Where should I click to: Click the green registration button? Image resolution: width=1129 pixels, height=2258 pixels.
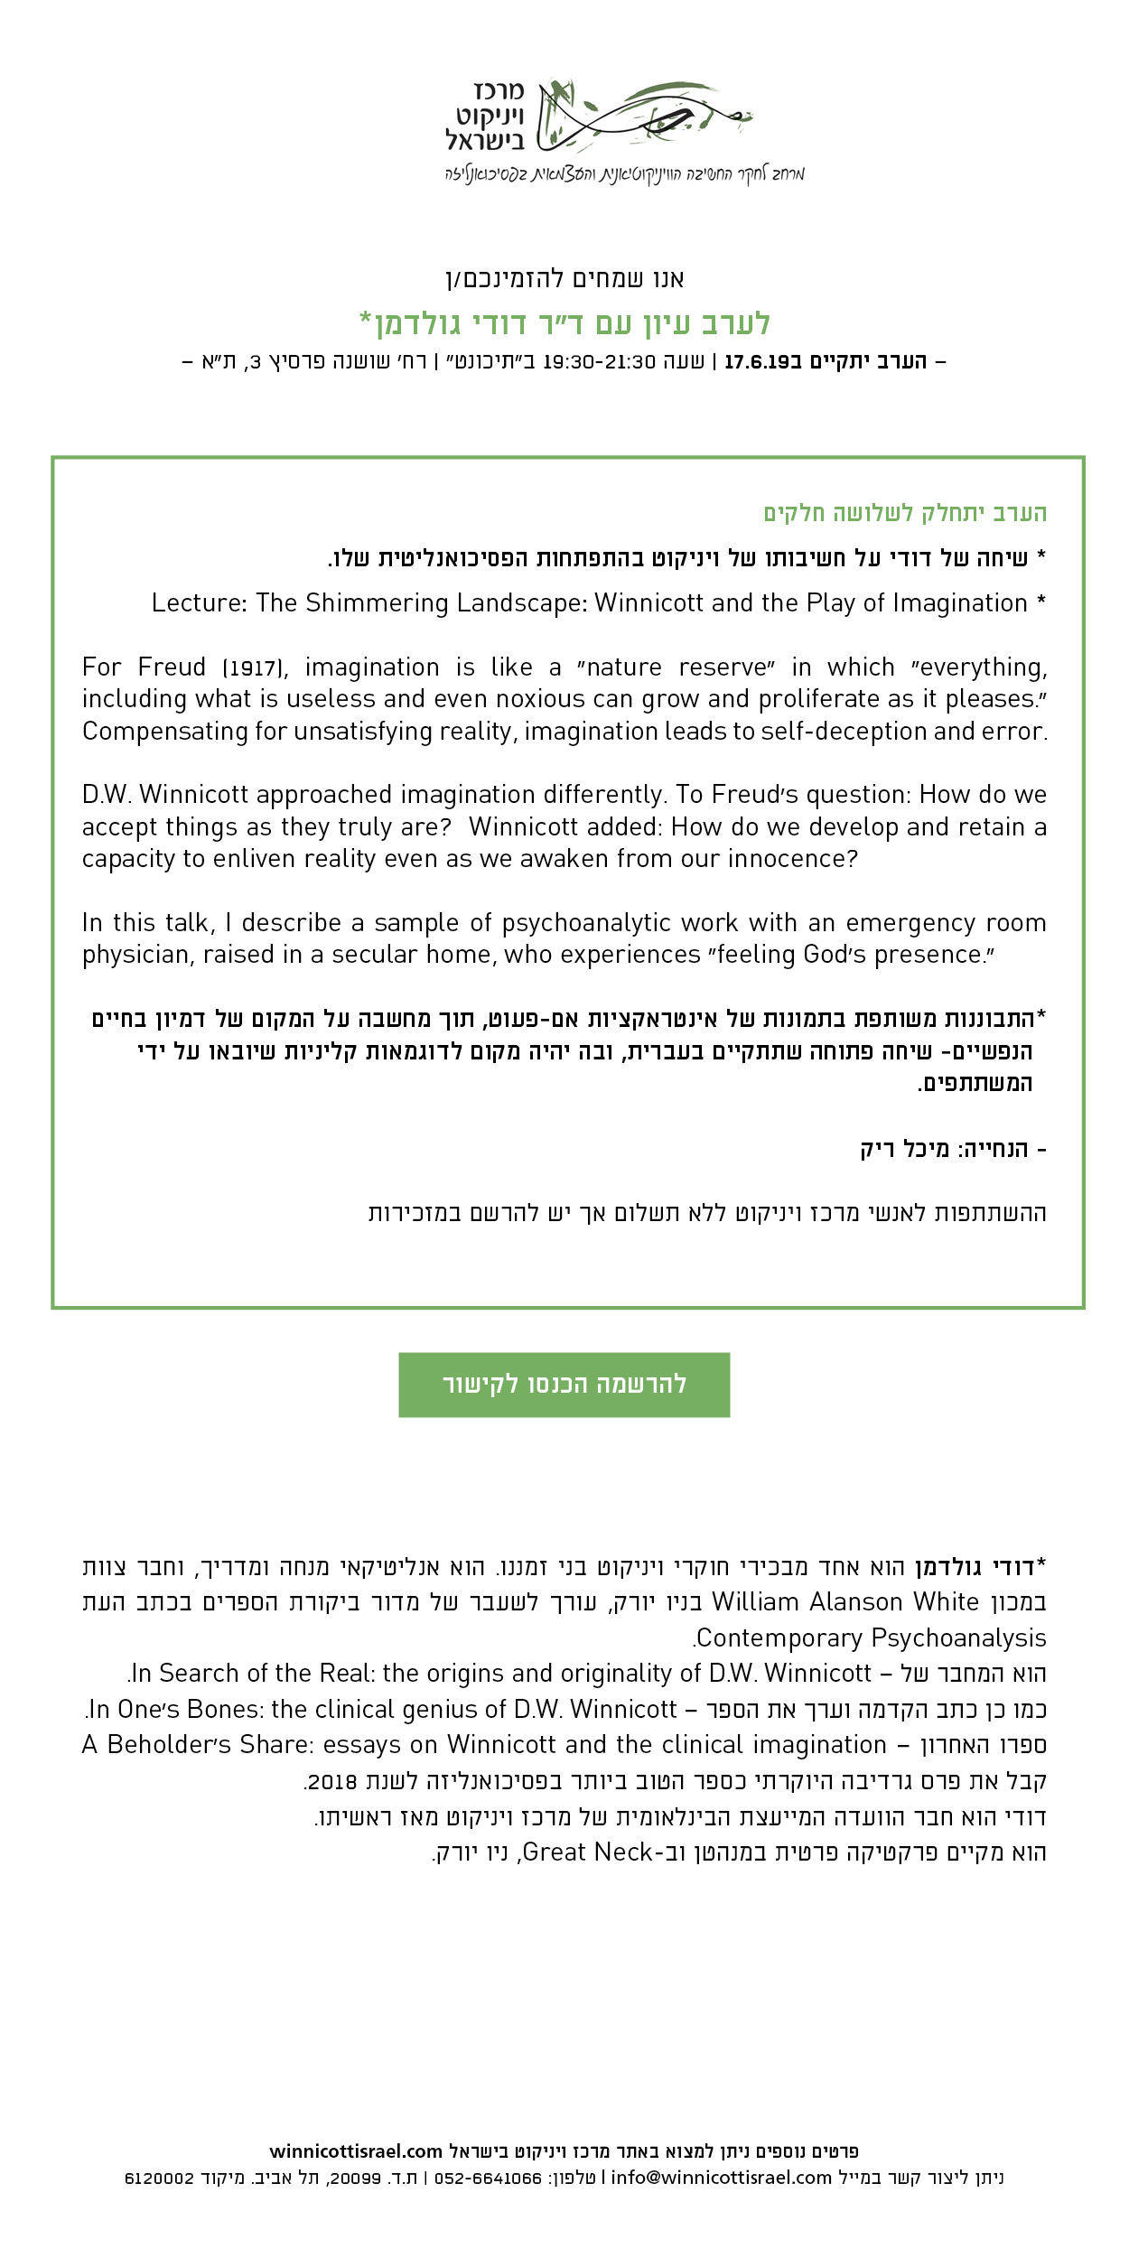pyautogui.click(x=564, y=1385)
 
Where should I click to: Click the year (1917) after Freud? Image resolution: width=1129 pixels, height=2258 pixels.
pyautogui.click(x=254, y=668)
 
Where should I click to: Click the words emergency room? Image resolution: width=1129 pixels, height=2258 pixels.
pyautogui.click(x=946, y=923)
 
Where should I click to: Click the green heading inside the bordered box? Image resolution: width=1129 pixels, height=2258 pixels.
pyautogui.click(x=905, y=513)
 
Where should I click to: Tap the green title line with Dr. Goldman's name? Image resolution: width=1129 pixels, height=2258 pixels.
pyautogui.click(x=564, y=323)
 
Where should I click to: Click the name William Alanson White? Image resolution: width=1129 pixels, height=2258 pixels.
pyautogui.click(x=845, y=1602)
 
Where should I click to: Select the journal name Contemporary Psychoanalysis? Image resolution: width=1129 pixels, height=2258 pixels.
pyautogui.click(x=872, y=1638)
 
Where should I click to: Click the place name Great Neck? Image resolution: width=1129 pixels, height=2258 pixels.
pyautogui.click(x=587, y=1852)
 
